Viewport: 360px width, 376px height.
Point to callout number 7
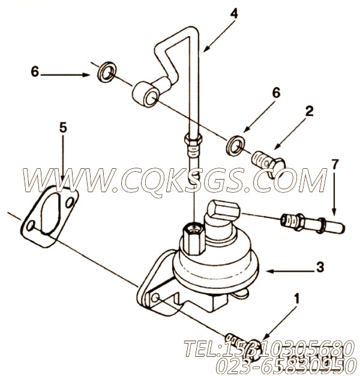pos(335,164)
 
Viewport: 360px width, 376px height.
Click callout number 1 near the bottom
pos(295,296)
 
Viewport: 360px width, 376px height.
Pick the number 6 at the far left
pos(35,72)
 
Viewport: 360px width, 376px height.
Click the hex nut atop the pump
pos(193,231)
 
